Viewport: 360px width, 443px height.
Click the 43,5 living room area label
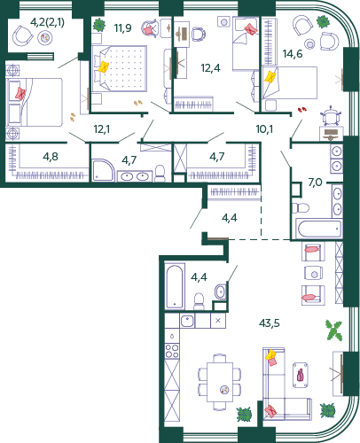[x=270, y=323]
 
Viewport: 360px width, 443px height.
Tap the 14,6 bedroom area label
[x=293, y=54]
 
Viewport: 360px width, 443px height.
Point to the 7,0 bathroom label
[x=315, y=183]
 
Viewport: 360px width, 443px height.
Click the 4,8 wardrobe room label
[x=51, y=157]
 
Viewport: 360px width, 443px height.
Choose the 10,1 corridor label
[x=264, y=129]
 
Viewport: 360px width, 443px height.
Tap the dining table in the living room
[x=220, y=382]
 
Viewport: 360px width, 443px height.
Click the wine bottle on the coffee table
[x=300, y=375]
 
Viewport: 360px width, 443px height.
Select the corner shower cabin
[x=103, y=170]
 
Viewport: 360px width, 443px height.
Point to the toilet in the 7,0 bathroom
[x=301, y=207]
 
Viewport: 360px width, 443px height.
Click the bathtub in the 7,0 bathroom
[x=318, y=228]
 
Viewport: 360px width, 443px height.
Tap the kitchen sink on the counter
[x=187, y=321]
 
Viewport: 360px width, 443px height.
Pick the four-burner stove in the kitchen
[x=172, y=351]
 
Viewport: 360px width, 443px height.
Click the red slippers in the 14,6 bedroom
[x=302, y=110]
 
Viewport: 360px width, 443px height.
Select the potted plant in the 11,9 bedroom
[x=99, y=25]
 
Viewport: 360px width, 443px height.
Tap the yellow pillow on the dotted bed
[x=104, y=66]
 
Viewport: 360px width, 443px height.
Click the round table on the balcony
[x=45, y=38]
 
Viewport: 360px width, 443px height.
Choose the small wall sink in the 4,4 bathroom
[x=220, y=291]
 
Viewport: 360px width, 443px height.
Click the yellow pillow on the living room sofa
[x=270, y=354]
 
